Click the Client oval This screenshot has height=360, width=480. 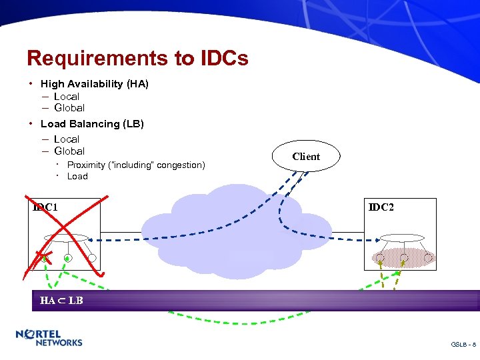(x=306, y=157)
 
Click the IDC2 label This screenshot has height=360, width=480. (x=381, y=207)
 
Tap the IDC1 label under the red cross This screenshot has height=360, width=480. (x=45, y=207)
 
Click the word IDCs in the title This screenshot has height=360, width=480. (x=223, y=58)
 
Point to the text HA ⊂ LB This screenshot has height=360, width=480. (x=61, y=301)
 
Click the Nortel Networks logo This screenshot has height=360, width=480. (x=49, y=338)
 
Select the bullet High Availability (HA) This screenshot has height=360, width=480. (x=94, y=84)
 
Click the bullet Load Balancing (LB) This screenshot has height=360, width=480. (x=92, y=124)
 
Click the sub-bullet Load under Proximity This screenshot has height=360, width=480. (x=77, y=177)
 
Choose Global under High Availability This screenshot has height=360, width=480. (x=69, y=108)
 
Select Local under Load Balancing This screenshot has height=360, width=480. (x=67, y=139)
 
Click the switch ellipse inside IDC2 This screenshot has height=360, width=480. (x=403, y=237)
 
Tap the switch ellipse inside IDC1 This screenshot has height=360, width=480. (x=66, y=237)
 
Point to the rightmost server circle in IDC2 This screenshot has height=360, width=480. (x=429, y=257)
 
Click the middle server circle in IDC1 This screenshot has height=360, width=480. (x=67, y=257)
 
